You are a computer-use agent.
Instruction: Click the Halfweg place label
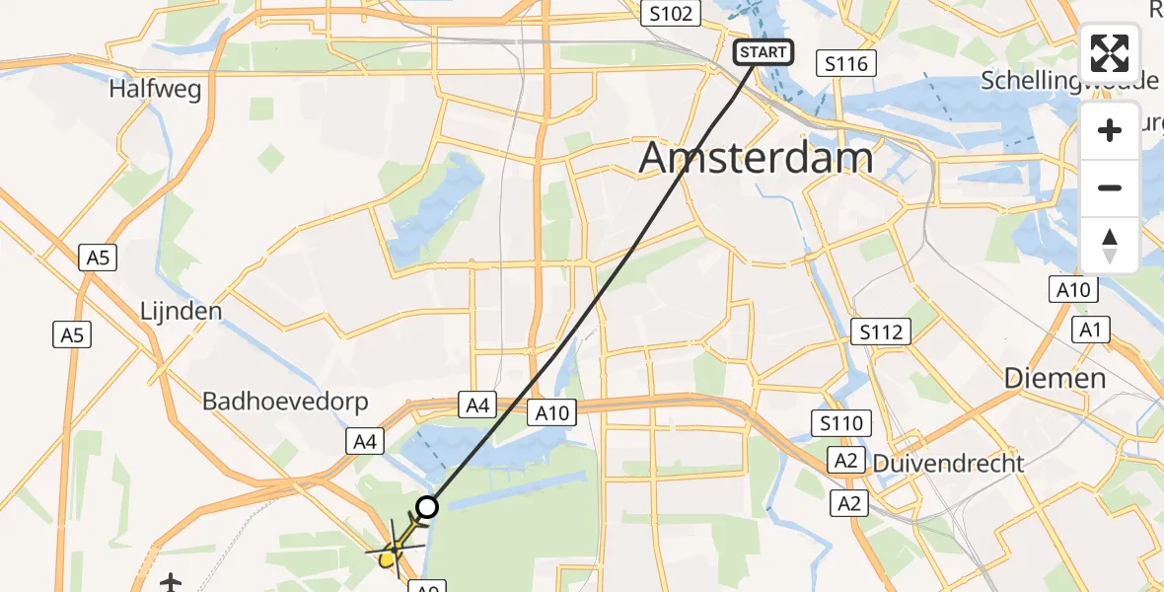pyautogui.click(x=156, y=90)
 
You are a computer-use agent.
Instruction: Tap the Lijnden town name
pyautogui.click(x=181, y=311)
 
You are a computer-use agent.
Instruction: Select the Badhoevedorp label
pyautogui.click(x=285, y=402)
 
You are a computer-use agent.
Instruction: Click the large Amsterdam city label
pyautogui.click(x=757, y=158)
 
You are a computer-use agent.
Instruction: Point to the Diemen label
pyautogui.click(x=1055, y=378)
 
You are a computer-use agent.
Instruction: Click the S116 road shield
pyautogui.click(x=847, y=64)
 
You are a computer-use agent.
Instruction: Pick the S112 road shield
pyautogui.click(x=881, y=333)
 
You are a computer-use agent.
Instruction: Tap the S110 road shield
pyautogui.click(x=839, y=424)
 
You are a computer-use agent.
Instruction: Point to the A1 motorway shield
pyautogui.click(x=1090, y=331)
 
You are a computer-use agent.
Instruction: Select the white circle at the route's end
pyautogui.click(x=427, y=507)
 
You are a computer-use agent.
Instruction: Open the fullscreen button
pyautogui.click(x=1110, y=53)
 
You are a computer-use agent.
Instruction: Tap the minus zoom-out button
pyautogui.click(x=1110, y=187)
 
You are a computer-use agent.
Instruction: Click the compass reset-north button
pyautogui.click(x=1110, y=245)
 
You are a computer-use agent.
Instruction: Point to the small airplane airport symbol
pyautogui.click(x=172, y=582)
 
